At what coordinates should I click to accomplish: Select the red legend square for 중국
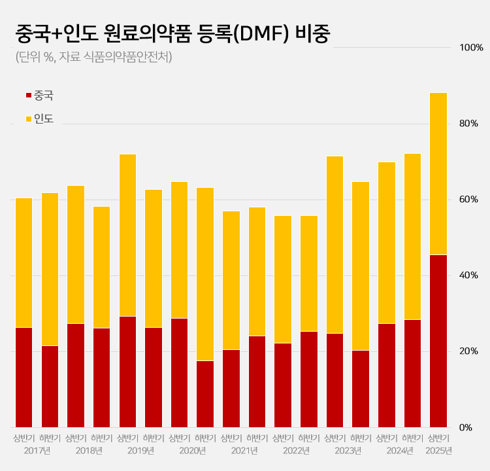click(28, 96)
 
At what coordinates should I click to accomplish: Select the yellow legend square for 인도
click(28, 119)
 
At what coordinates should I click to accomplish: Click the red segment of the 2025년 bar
click(438, 340)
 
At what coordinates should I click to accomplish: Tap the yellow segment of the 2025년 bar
click(438, 173)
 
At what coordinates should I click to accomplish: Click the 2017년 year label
click(37, 451)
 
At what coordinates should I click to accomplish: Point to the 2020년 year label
click(192, 451)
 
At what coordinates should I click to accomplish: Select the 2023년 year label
click(348, 451)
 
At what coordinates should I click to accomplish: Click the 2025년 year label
click(438, 451)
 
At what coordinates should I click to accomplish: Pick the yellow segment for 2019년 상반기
click(127, 235)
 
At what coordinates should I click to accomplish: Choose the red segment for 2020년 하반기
click(205, 393)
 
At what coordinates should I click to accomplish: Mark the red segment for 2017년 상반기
click(24, 377)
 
